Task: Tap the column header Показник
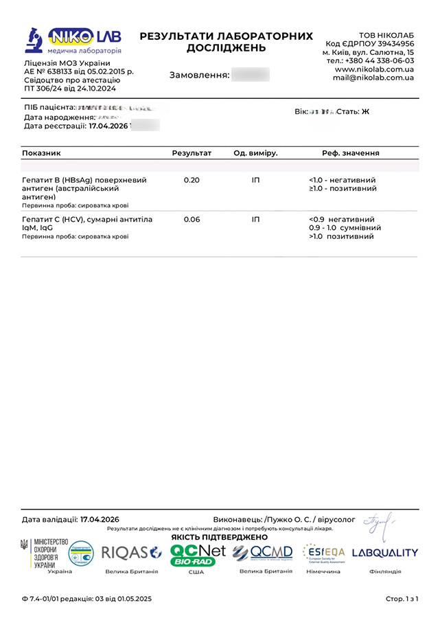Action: tap(42, 153)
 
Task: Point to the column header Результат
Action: tap(192, 153)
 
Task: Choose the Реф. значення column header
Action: tap(351, 153)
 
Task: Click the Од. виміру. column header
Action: tap(255, 153)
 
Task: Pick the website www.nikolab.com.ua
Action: tap(374, 69)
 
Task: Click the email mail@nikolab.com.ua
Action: tap(373, 78)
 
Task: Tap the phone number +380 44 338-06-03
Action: tap(371, 60)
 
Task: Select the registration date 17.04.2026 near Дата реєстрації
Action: tap(108, 126)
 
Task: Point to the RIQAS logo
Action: tap(131, 552)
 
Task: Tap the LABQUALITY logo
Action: tap(384, 553)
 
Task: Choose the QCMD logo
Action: tap(262, 553)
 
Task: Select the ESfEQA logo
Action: tap(323, 553)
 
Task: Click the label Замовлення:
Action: tap(198, 75)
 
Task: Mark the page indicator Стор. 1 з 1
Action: tap(402, 599)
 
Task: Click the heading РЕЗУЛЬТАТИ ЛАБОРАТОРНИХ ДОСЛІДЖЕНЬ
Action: tap(227, 42)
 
